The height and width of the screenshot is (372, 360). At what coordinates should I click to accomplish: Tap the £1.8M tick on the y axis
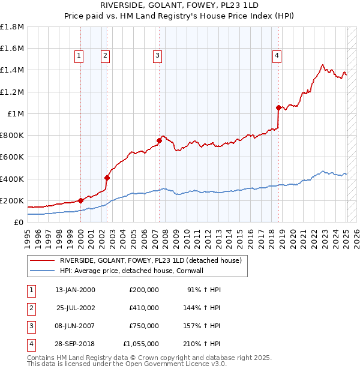click(x=12, y=27)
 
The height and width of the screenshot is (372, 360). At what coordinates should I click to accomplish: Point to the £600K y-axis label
click(x=11, y=157)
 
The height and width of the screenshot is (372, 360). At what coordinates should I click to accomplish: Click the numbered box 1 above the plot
click(x=79, y=56)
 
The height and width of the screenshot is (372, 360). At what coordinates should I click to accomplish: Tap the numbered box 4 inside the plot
click(x=277, y=56)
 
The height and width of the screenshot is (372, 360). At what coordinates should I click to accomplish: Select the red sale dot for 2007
click(x=159, y=141)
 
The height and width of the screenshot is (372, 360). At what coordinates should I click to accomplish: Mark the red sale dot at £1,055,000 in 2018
click(x=278, y=108)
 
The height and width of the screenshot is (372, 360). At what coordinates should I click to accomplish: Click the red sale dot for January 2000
click(x=80, y=200)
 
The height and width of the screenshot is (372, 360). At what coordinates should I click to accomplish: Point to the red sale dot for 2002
click(x=107, y=178)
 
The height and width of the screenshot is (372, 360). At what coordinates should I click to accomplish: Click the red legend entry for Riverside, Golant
click(x=150, y=260)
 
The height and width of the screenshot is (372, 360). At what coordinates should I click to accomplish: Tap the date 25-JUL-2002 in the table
click(x=75, y=308)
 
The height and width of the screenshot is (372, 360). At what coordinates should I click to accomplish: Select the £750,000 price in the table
click(x=144, y=326)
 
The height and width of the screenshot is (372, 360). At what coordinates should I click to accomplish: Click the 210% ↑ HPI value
click(x=202, y=344)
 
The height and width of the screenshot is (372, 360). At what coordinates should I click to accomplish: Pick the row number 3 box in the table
click(x=29, y=326)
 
